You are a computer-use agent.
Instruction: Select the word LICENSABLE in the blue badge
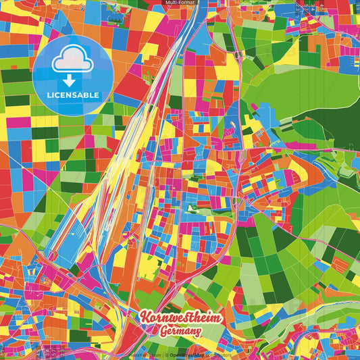[72, 94]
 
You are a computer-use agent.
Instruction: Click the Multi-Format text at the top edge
[180, 3]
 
